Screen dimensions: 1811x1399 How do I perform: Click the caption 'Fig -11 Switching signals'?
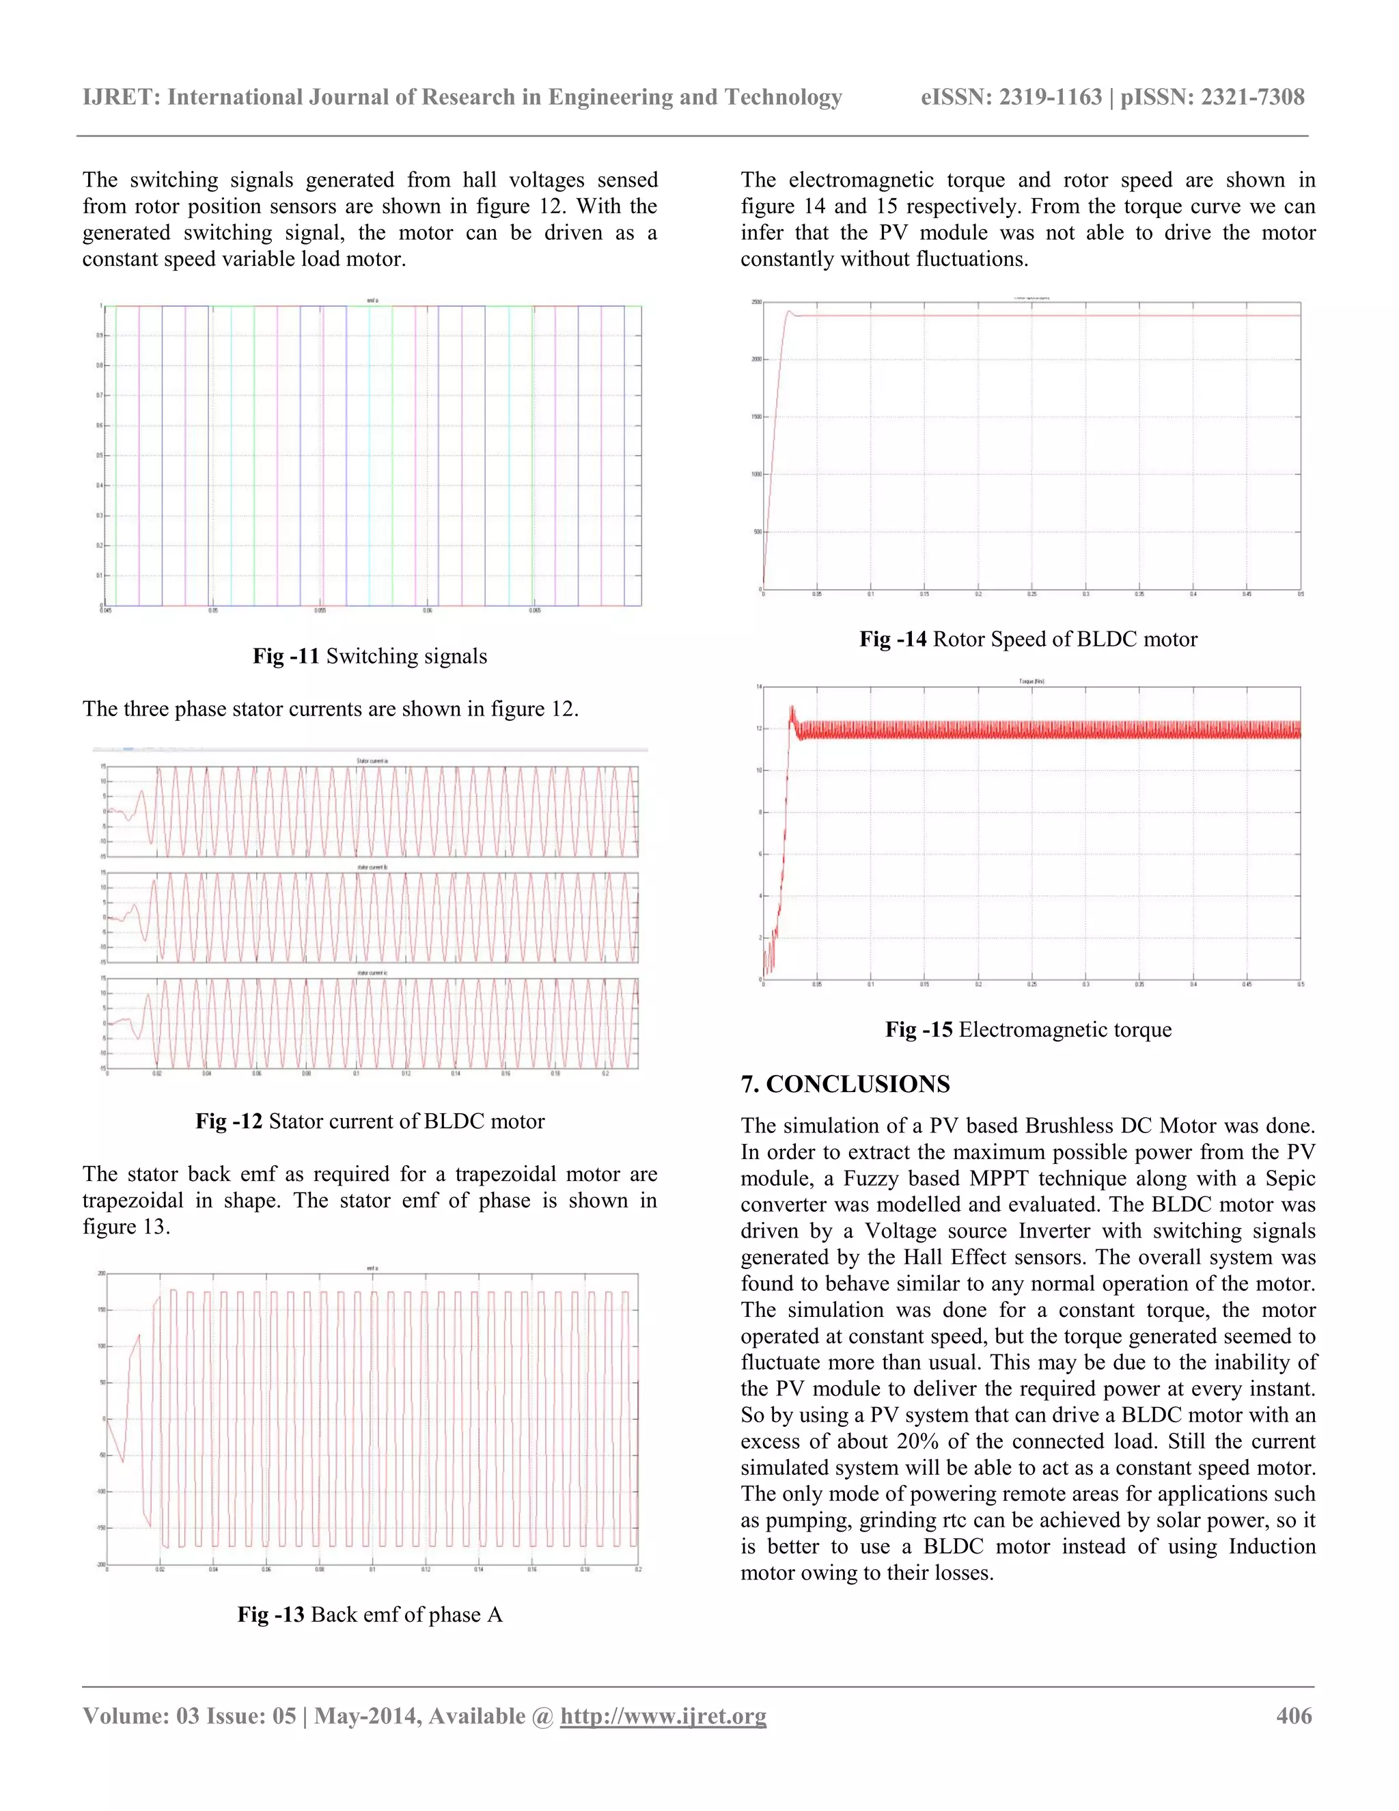click(370, 656)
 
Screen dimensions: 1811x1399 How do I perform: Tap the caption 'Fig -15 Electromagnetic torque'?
click(1027, 1029)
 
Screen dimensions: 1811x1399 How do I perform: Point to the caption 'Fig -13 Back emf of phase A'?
click(370, 1613)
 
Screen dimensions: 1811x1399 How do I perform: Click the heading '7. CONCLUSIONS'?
click(846, 1084)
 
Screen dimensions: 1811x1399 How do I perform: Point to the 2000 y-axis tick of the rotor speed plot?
click(756, 359)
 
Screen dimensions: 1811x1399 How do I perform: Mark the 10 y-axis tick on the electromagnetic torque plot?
click(758, 770)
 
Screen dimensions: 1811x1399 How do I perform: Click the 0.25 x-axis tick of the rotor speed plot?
click(1032, 595)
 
